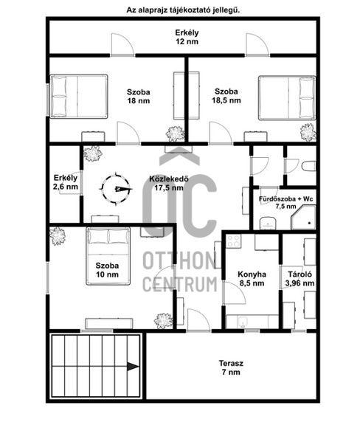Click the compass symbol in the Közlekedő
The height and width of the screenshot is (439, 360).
click(x=116, y=189)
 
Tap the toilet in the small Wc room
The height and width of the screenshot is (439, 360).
click(x=309, y=166)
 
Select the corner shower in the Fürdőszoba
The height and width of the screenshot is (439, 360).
click(x=303, y=217)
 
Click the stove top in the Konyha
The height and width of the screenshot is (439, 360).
click(x=233, y=241)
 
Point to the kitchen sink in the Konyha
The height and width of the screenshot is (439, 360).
click(x=243, y=322)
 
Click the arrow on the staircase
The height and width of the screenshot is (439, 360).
click(x=134, y=366)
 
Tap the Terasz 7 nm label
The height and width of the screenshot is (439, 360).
click(x=231, y=367)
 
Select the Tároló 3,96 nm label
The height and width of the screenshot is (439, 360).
click(x=300, y=279)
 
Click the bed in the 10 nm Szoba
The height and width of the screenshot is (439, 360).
click(x=108, y=256)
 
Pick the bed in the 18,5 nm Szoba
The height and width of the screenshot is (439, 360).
click(x=287, y=97)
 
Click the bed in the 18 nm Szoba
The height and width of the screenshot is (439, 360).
click(x=79, y=97)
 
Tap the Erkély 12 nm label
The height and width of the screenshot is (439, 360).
click(x=187, y=37)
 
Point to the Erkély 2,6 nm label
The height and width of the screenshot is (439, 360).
click(x=66, y=182)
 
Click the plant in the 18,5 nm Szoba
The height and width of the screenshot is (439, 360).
click(x=308, y=132)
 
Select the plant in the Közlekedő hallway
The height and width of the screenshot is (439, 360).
click(x=93, y=153)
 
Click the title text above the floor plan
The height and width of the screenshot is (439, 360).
click(x=183, y=10)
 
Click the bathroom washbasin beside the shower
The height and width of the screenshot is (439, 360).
click(x=268, y=223)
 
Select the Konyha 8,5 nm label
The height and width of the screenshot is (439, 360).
click(x=252, y=279)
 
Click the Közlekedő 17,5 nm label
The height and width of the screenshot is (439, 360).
click(x=169, y=183)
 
